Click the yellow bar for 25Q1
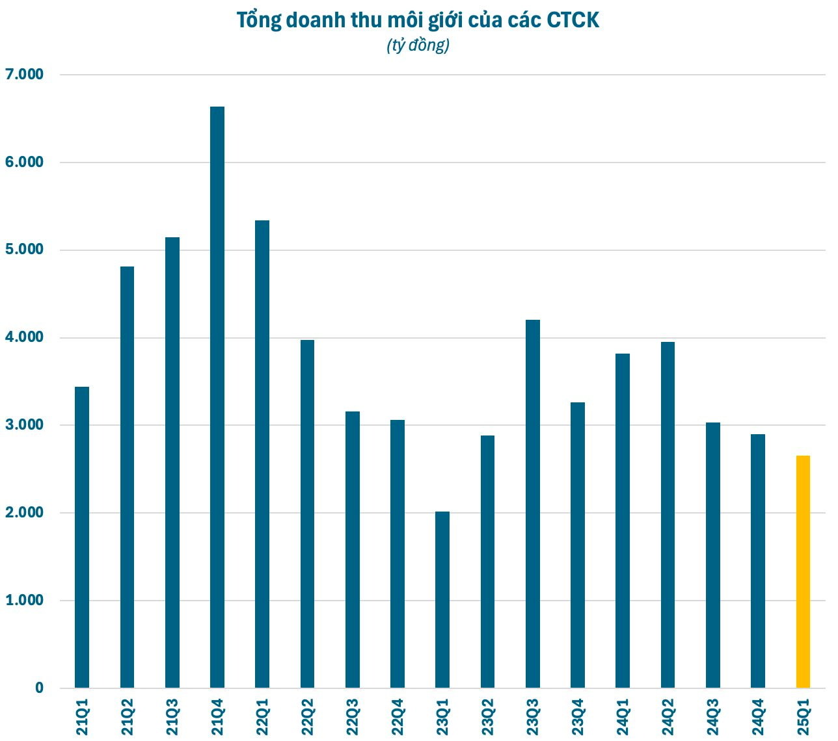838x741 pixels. click(x=803, y=572)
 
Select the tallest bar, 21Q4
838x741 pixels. click(x=217, y=396)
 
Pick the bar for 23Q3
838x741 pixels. click(x=533, y=504)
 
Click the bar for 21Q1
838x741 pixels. click(x=82, y=537)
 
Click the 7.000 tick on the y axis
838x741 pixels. click(x=24, y=75)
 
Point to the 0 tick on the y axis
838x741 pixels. click(x=40, y=688)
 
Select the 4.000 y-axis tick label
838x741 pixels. click(x=24, y=337)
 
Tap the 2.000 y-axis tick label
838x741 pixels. click(x=24, y=513)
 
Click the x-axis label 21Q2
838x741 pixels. click(x=128, y=717)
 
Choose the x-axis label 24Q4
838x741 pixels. click(x=758, y=717)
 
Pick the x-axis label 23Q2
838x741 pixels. click(x=488, y=717)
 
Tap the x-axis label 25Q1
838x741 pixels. click(x=804, y=717)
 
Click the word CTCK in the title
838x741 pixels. click(x=573, y=21)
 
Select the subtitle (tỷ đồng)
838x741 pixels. click(x=418, y=45)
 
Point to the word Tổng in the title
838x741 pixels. click(x=258, y=21)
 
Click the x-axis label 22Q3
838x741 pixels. click(x=353, y=717)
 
